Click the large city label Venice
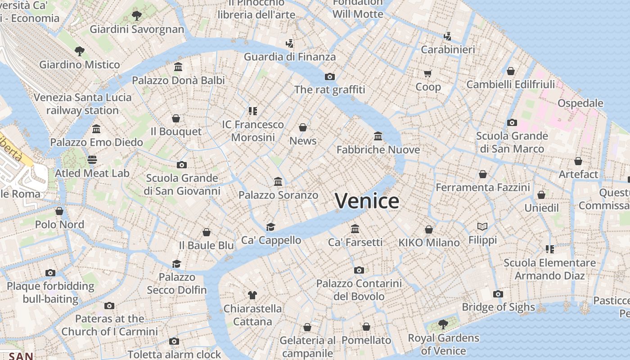pyautogui.click(x=367, y=201)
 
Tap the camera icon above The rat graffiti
pyautogui.click(x=330, y=76)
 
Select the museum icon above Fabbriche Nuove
pyautogui.click(x=378, y=136)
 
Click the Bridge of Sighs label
pyautogui.click(x=498, y=307)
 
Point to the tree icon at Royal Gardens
pyautogui.click(x=443, y=324)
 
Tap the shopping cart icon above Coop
pyautogui.click(x=427, y=73)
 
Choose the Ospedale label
pyautogui.click(x=580, y=103)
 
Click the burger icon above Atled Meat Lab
pyautogui.click(x=92, y=160)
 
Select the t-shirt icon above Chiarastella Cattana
pyautogui.click(x=252, y=295)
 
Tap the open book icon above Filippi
pyautogui.click(x=482, y=226)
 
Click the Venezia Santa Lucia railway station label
pyautogui.click(x=82, y=104)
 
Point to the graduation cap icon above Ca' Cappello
pyautogui.click(x=270, y=227)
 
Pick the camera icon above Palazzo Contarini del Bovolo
pyautogui.click(x=359, y=270)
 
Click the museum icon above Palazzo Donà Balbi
pyautogui.click(x=178, y=67)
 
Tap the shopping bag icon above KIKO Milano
pyautogui.click(x=429, y=229)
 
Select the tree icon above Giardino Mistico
pyautogui.click(x=80, y=51)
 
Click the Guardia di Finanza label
pyautogui.click(x=290, y=57)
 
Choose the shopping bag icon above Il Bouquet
pyautogui.click(x=176, y=118)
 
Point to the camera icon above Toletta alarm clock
pyautogui.click(x=174, y=341)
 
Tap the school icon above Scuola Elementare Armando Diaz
pyautogui.click(x=549, y=249)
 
